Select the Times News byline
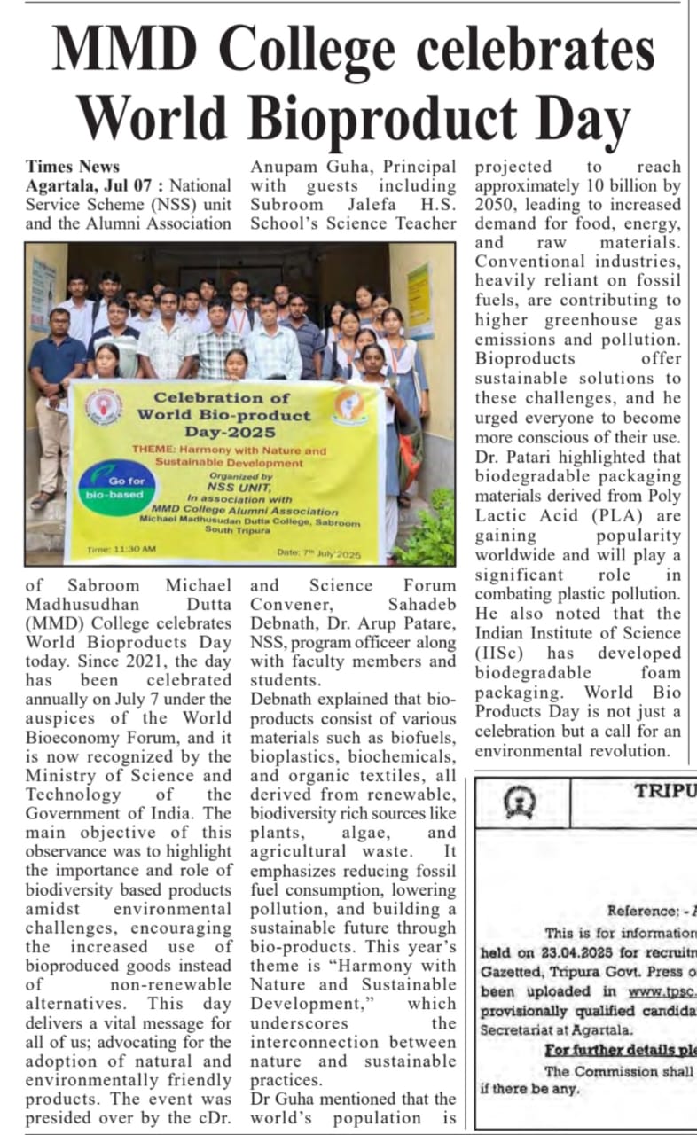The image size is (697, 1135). [x=73, y=166]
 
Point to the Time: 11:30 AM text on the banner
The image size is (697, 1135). [x=124, y=550]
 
